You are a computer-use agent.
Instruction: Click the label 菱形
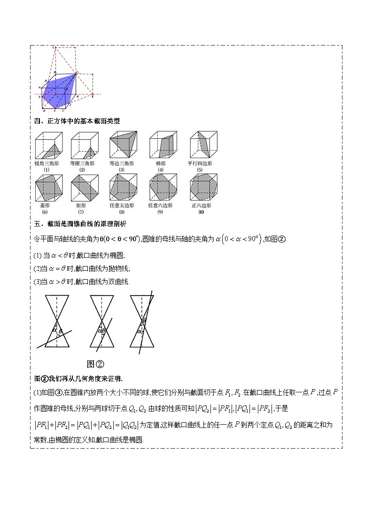pyautogui.click(x=46, y=206)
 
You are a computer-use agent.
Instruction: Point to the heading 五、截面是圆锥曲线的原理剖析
pyautogui.click(x=80, y=224)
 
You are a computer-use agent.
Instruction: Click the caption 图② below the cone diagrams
pyautogui.click(x=95, y=364)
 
